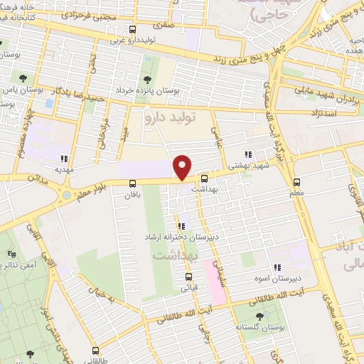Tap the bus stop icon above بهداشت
[205, 178]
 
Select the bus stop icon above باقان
[132, 183]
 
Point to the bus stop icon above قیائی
[188, 277]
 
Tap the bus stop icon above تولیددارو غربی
[132, 29]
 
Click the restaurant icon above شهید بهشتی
[248, 154]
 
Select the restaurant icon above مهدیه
[64, 159]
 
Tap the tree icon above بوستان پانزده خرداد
[147, 80]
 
